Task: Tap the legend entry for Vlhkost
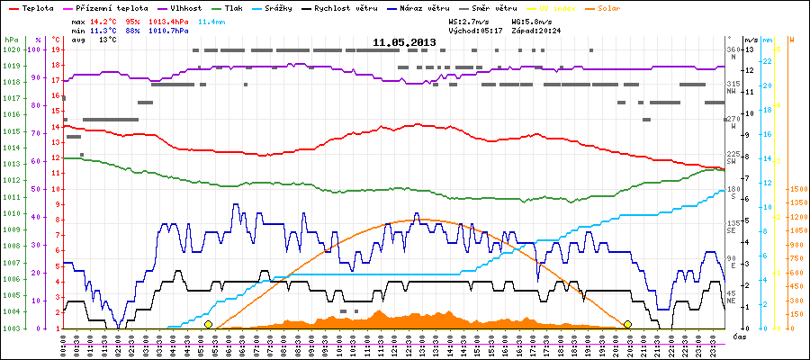point(184,7)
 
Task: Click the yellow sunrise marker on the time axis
point(208,324)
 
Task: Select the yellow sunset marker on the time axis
point(627,324)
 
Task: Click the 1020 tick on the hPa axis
point(11,49)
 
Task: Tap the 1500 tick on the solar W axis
point(796,190)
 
